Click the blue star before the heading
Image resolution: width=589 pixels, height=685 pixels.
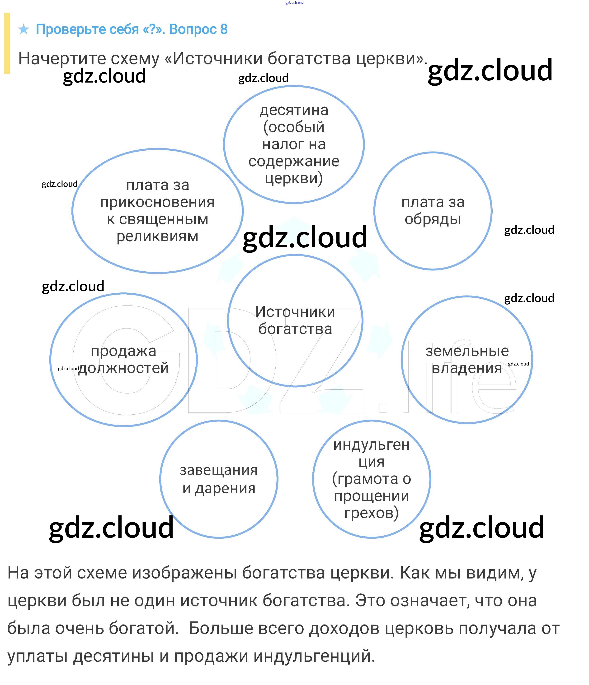coord(24,29)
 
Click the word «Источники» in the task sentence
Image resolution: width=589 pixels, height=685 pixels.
coord(215,59)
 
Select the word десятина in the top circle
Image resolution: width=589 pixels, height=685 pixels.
coord(294,110)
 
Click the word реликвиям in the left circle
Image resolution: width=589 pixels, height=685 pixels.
coord(157,237)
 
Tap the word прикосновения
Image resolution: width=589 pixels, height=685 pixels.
coord(157,202)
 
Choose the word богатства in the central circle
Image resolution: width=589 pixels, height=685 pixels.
coord(295,329)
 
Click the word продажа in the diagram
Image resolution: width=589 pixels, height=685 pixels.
coord(123,351)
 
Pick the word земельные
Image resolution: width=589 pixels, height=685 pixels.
coord(467,351)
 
